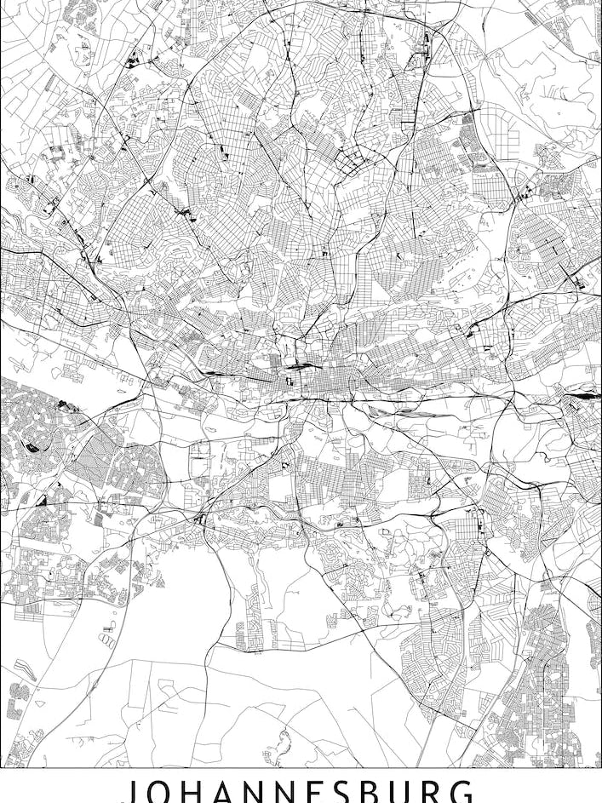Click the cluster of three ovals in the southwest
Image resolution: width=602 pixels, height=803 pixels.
click(108, 634)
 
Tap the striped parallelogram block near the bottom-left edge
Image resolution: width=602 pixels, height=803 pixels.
click(23, 672)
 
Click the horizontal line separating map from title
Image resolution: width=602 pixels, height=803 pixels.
click(301, 768)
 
